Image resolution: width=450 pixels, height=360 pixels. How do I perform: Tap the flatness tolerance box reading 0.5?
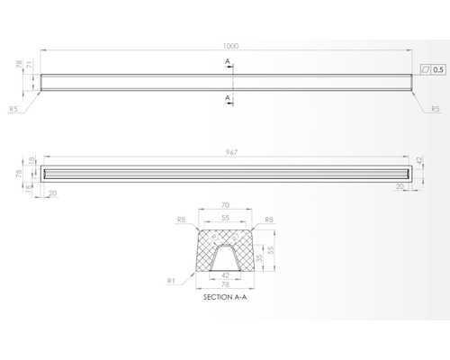(433, 68)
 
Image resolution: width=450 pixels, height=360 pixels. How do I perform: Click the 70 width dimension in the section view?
(225, 205)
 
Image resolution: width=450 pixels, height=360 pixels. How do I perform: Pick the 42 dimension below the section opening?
(225, 274)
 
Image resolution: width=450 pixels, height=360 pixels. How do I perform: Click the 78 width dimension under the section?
(225, 284)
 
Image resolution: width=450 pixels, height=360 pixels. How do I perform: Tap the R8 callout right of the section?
(270, 219)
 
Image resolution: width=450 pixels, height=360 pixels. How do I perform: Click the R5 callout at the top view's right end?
(435, 108)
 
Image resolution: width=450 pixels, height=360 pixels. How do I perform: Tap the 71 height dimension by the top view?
(30, 67)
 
